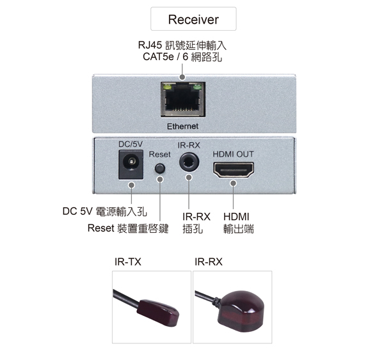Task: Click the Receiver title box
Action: pyautogui.click(x=193, y=19)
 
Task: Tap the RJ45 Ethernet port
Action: pyautogui.click(x=183, y=99)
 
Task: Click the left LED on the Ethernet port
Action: pyautogui.click(x=168, y=86)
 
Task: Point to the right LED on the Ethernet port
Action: pyautogui.click(x=197, y=86)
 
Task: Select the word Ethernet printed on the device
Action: pyautogui.click(x=182, y=126)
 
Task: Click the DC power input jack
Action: pyautogui.click(x=131, y=164)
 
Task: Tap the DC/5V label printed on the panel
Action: pyautogui.click(x=131, y=144)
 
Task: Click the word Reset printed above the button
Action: pyautogui.click(x=159, y=155)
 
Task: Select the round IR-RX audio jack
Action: pyautogui.click(x=189, y=162)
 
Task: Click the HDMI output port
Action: pyautogui.click(x=234, y=170)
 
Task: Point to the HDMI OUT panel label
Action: pyautogui.click(x=233, y=154)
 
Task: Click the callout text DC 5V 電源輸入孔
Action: pyautogui.click(x=105, y=212)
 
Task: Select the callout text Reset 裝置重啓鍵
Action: pyautogui.click(x=128, y=228)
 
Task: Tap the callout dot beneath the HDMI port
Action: pyautogui.click(x=234, y=183)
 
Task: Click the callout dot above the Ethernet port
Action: pyautogui.click(x=182, y=77)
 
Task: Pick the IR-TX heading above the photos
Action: pyautogui.click(x=128, y=262)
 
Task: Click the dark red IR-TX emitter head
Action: pyautogui.click(x=157, y=313)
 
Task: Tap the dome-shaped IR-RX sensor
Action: pyautogui.click(x=241, y=311)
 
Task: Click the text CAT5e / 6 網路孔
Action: pyautogui.click(x=182, y=57)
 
